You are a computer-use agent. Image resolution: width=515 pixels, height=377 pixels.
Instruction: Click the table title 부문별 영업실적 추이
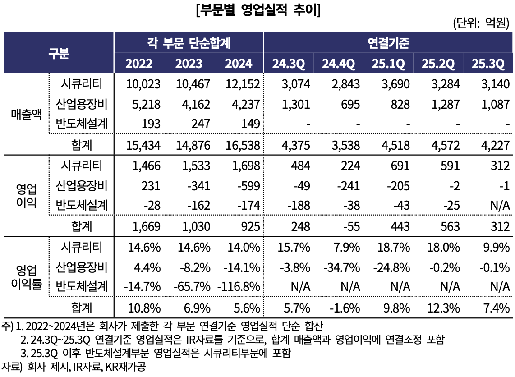point(257,10)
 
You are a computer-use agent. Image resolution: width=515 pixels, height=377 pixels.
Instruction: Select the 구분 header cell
point(59,53)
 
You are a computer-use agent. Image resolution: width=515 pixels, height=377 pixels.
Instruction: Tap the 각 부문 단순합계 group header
point(189,43)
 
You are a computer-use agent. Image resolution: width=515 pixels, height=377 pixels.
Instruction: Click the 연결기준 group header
point(388,43)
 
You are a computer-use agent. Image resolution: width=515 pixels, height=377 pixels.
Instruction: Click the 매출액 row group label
point(26,114)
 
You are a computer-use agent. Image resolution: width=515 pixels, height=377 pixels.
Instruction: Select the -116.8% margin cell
point(239,286)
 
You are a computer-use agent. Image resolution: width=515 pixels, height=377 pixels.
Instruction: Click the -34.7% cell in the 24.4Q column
point(341,267)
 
